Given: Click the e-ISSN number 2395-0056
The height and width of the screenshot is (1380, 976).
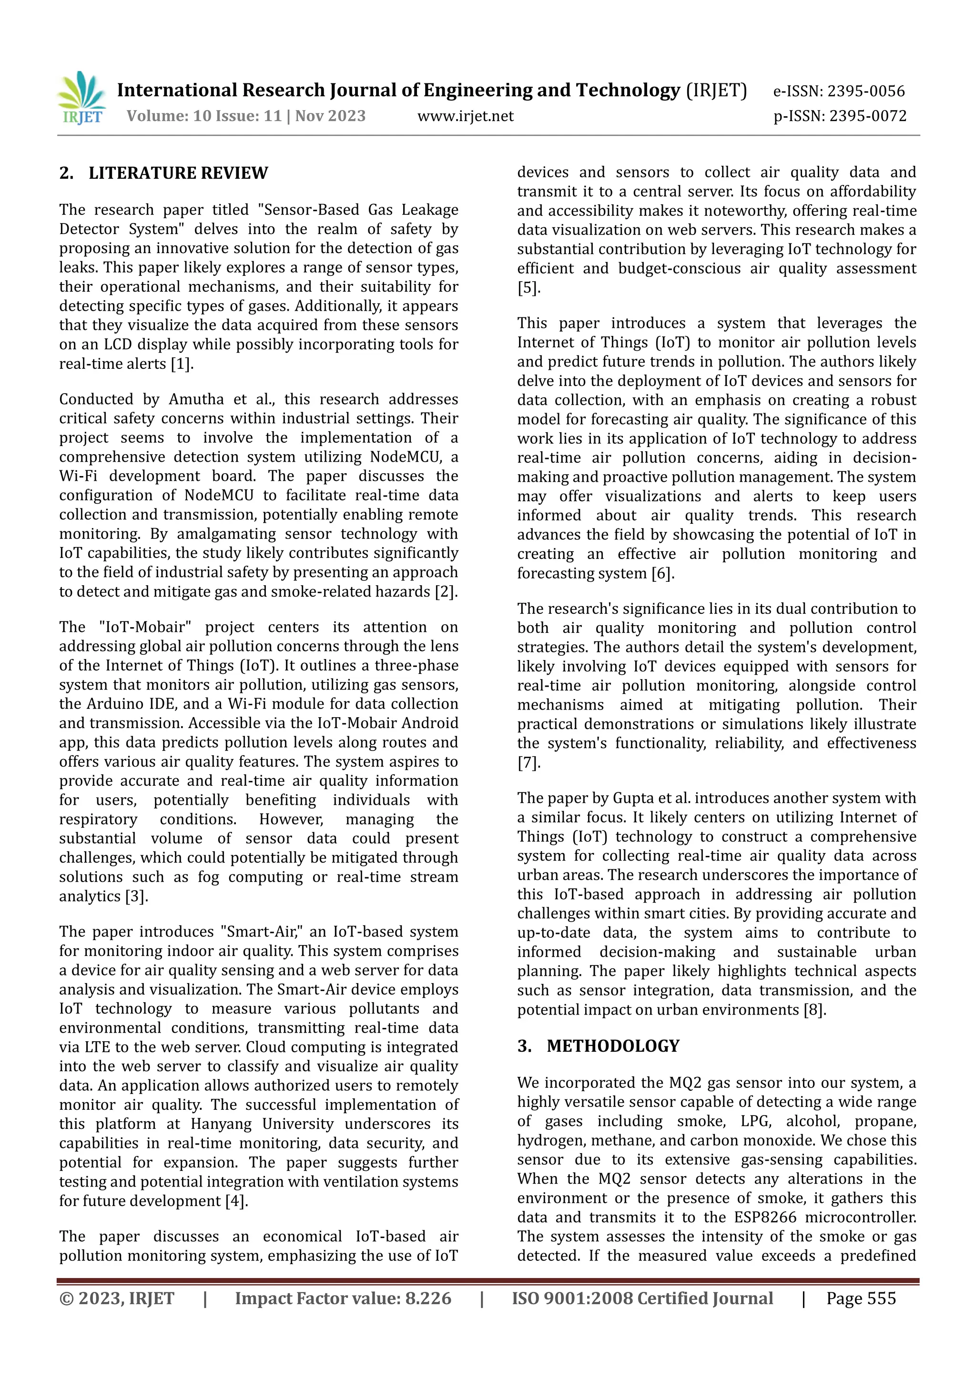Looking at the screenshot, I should pos(865,91).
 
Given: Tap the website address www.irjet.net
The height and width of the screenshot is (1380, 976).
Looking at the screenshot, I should pos(465,116).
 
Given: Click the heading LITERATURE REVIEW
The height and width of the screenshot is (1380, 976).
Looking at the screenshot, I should pos(178,173).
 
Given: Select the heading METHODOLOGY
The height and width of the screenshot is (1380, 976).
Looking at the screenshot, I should pos(612,1046).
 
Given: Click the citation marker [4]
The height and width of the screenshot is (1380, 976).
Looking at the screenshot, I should pos(236,1201).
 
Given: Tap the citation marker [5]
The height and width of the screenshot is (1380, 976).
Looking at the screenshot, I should pos(529,288).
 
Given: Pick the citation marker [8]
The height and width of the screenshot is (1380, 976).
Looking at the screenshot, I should pos(814,1010).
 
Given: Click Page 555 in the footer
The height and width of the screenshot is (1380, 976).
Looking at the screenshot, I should pos(861,1299).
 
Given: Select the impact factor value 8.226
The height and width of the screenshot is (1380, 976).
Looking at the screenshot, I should pos(428,1299).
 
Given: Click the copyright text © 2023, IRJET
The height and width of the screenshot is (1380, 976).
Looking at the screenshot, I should pos(117,1299).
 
